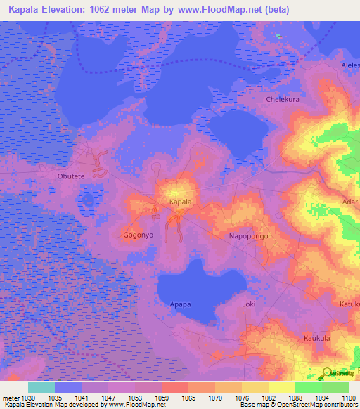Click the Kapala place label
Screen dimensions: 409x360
181,202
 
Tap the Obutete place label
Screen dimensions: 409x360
71,176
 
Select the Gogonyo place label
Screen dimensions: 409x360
138,235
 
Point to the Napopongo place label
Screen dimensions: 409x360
249,237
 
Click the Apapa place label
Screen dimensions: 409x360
181,305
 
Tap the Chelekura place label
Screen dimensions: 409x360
283,100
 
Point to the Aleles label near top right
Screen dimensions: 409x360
350,65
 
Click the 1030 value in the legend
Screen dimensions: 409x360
28,398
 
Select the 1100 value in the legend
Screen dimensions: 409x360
349,398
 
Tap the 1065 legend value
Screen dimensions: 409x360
188,398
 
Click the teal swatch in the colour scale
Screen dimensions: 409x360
41,387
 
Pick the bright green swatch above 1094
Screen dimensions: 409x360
308,387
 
